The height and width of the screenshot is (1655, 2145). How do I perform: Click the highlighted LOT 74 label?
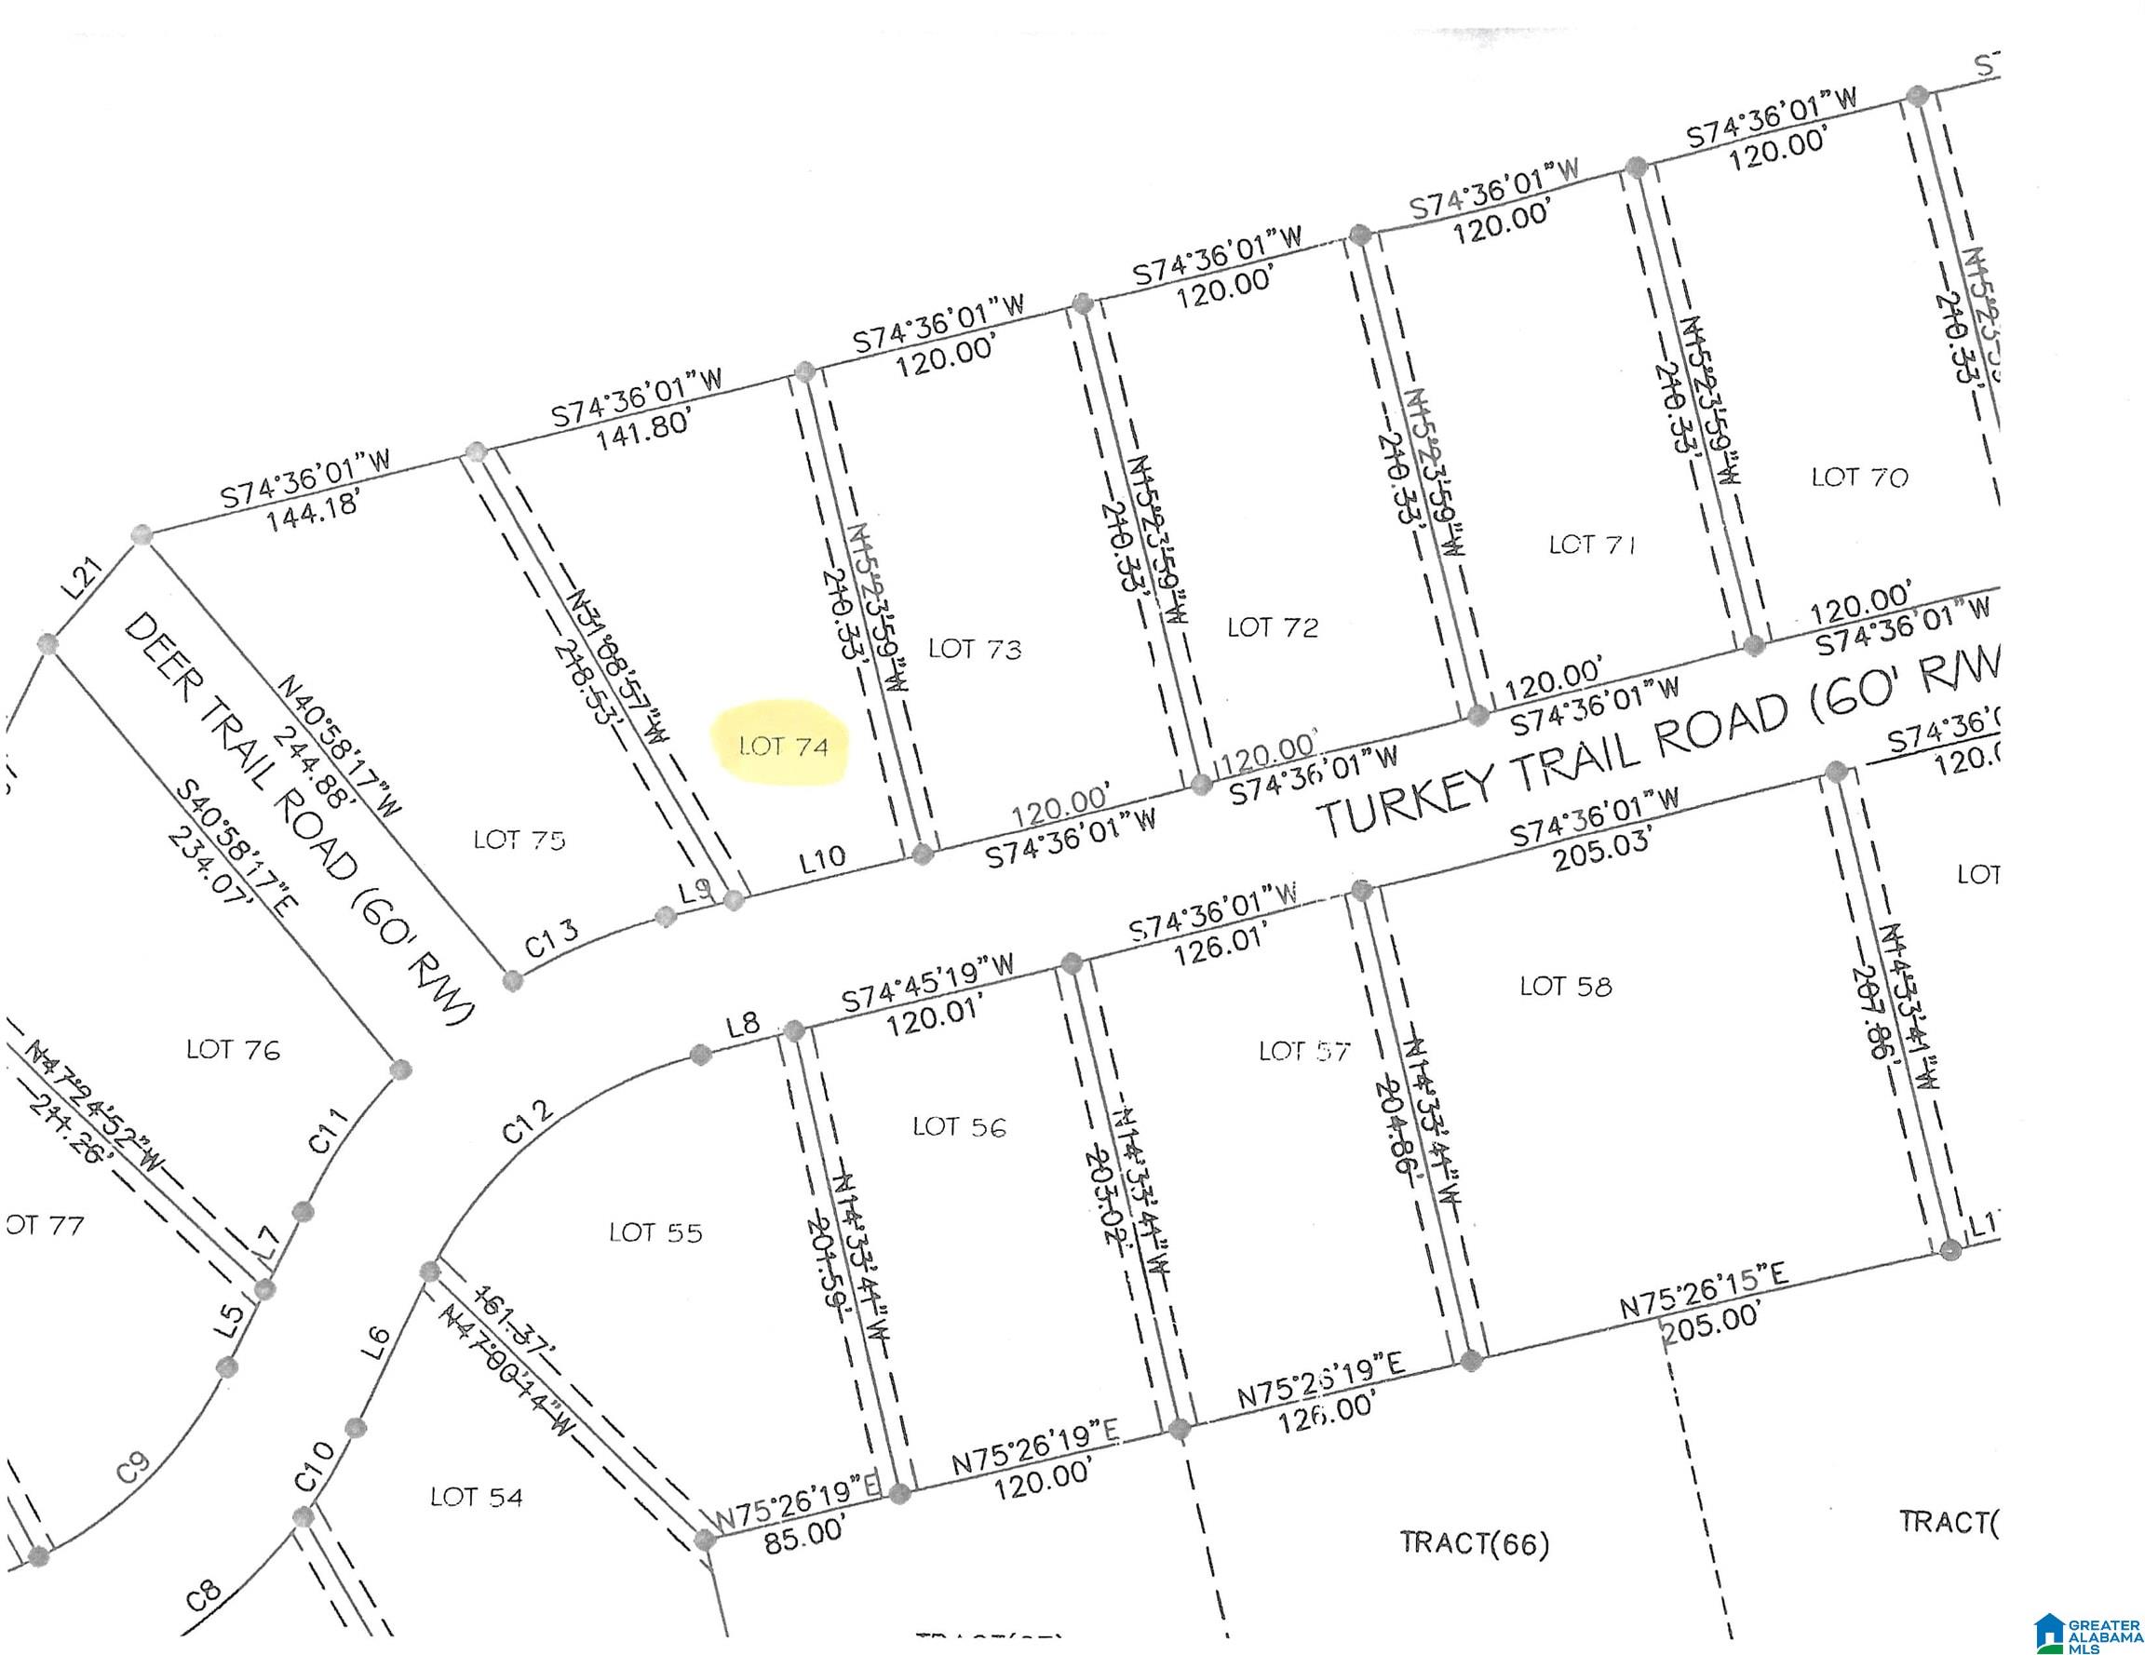tap(783, 747)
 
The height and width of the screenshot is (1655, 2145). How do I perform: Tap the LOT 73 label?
tap(975, 648)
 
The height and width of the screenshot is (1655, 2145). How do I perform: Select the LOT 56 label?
tap(960, 1126)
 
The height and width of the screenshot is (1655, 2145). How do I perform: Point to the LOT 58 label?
tap(1566, 986)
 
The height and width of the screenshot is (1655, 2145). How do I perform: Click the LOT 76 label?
tap(233, 1050)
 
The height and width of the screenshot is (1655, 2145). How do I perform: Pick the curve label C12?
tap(528, 1121)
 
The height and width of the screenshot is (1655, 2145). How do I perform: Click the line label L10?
tap(822, 858)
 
